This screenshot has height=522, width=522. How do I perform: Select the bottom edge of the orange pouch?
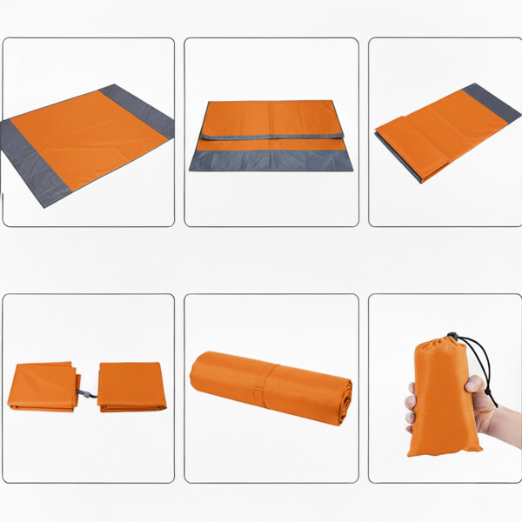[445, 451]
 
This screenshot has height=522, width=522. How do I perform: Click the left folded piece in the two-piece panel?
[42, 387]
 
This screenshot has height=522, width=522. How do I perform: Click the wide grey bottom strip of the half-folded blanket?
[271, 160]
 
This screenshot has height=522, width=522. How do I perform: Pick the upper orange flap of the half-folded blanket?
[271, 118]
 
